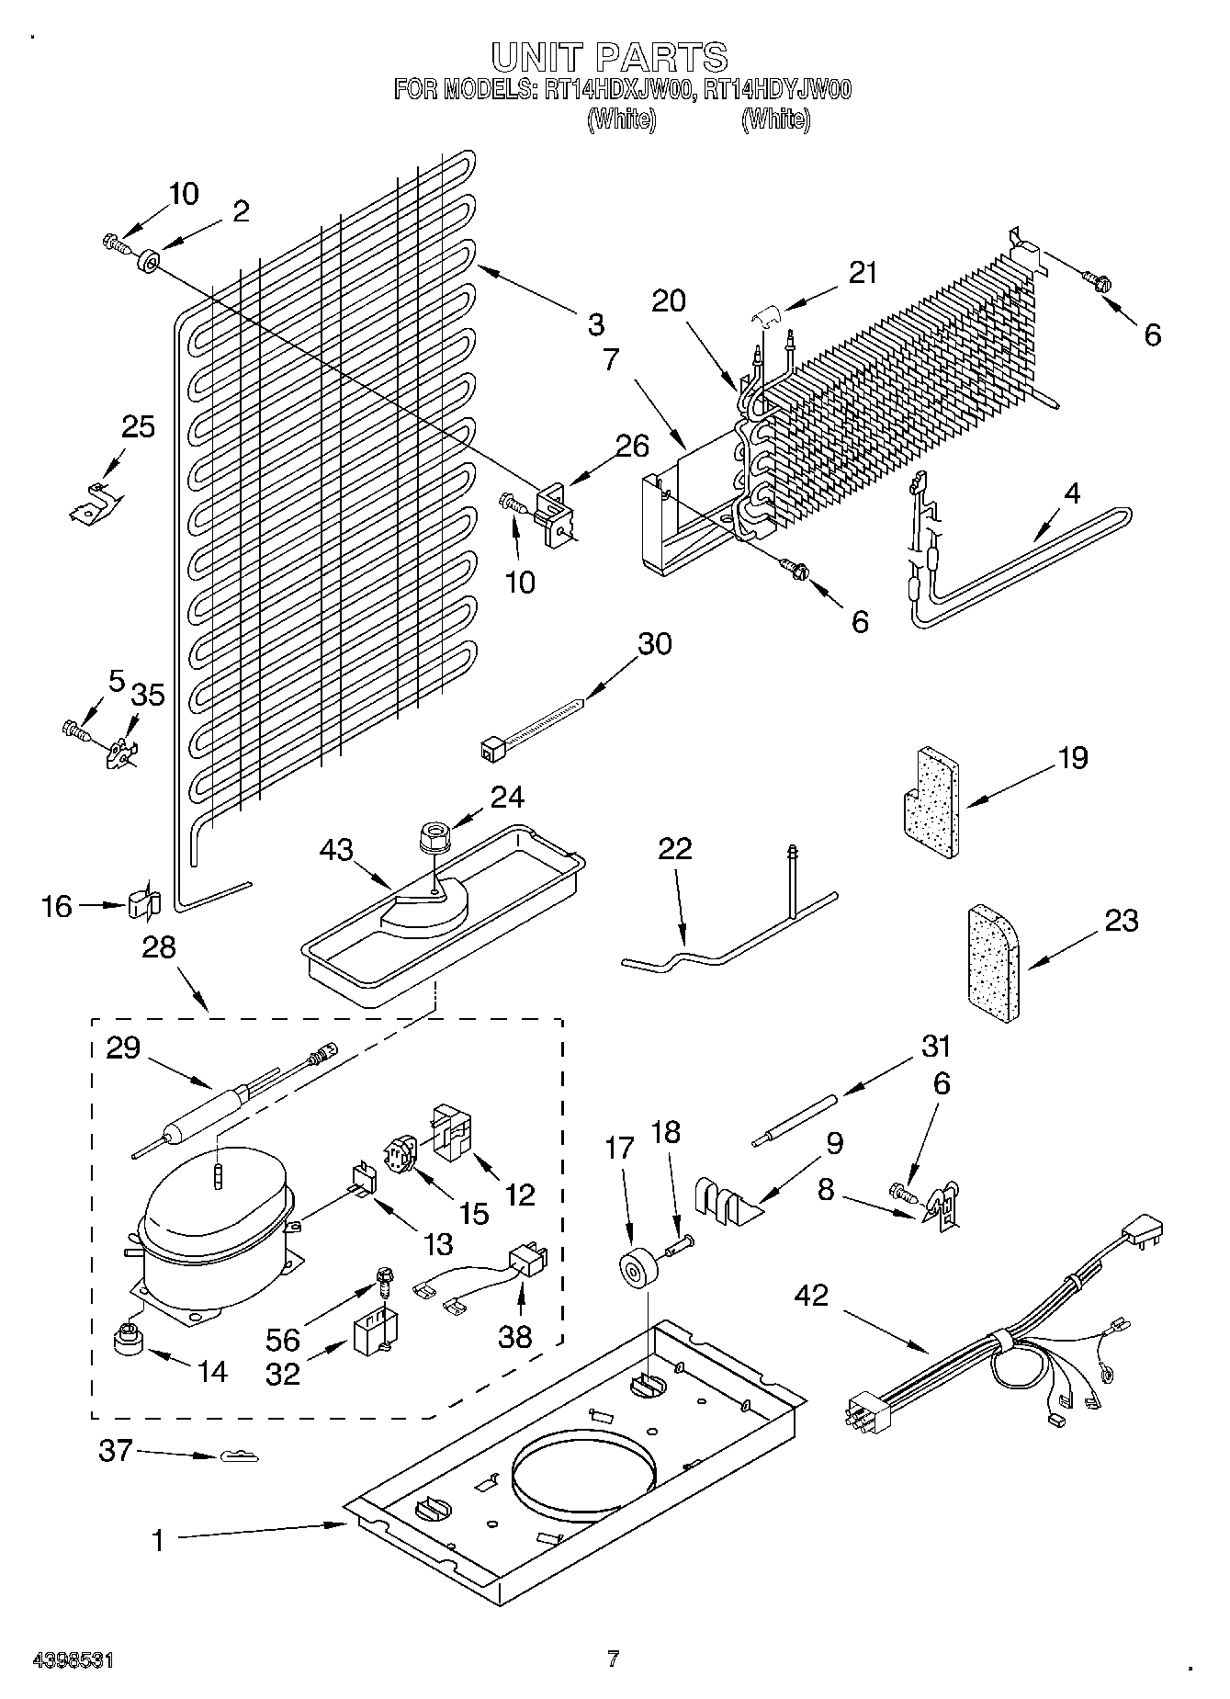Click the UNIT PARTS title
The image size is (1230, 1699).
610,57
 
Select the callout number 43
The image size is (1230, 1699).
335,850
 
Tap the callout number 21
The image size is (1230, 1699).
862,273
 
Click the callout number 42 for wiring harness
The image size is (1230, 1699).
811,1296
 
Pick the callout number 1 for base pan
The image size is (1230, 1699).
158,1540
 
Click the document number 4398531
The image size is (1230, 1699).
73,1660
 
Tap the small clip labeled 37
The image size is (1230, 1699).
238,1456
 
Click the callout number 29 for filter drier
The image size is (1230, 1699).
123,1047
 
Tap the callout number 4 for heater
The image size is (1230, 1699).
1071,493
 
